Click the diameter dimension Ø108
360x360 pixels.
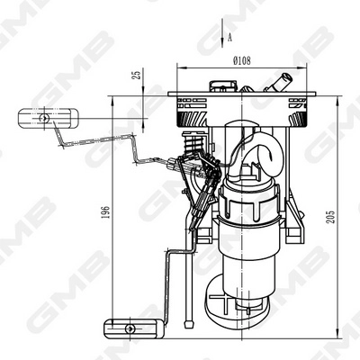tap(241, 60)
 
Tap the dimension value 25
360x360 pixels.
tap(135, 76)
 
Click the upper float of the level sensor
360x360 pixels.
tap(46, 117)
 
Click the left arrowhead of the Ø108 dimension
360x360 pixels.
tap(179, 67)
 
